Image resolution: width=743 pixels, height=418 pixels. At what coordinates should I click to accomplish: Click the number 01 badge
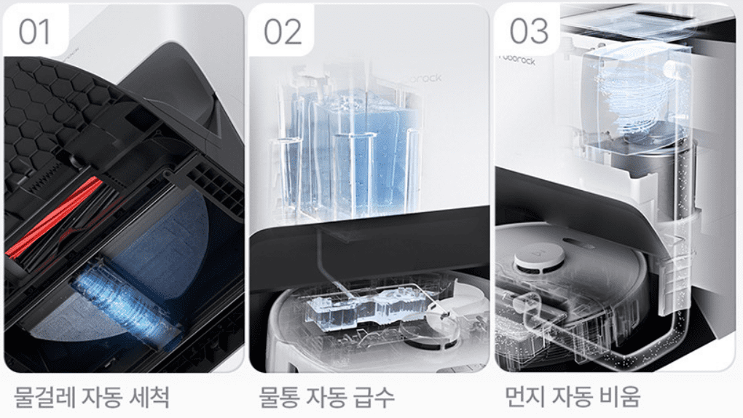[35, 31]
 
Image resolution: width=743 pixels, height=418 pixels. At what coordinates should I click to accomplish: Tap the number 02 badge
[282, 31]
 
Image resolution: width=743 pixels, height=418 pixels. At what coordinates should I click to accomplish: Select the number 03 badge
[528, 31]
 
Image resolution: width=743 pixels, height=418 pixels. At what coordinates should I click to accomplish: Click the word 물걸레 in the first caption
[44, 398]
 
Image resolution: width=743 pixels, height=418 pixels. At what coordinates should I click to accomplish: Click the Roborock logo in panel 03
[517, 60]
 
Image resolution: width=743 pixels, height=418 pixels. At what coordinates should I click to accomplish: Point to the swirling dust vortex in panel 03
[634, 102]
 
